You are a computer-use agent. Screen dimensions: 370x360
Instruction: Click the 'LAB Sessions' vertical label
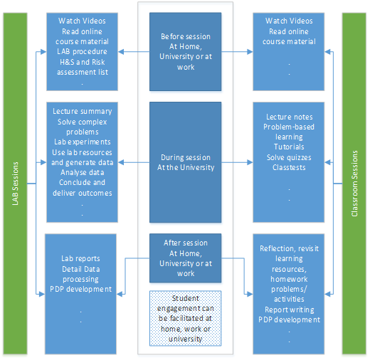pyautogui.click(x=15, y=184)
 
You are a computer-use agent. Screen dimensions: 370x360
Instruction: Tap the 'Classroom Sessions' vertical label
pyautogui.click(x=354, y=184)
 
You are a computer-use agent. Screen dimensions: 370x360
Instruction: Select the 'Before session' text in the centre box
pyautogui.click(x=186, y=36)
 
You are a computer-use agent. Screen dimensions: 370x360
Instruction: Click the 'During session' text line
pyautogui.click(x=186, y=157)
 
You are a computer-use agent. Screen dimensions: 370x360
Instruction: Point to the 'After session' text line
pyautogui.click(x=186, y=243)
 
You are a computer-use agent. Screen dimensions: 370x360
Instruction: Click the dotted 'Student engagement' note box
pyautogui.click(x=186, y=318)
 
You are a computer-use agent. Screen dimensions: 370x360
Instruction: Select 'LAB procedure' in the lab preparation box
pyautogui.click(x=82, y=51)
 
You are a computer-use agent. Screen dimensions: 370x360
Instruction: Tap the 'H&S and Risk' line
pyautogui.click(x=82, y=62)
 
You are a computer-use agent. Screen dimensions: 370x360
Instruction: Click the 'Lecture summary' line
pyautogui.click(x=82, y=111)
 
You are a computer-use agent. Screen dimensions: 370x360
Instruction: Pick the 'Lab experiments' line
pyautogui.click(x=82, y=142)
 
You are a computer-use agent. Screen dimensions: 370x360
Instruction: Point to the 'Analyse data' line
pyautogui.click(x=82, y=172)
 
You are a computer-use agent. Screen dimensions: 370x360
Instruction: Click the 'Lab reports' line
pyautogui.click(x=80, y=258)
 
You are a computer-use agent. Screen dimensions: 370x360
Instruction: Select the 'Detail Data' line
pyautogui.click(x=80, y=269)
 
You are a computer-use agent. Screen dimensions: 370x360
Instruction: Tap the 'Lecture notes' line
pyautogui.click(x=289, y=117)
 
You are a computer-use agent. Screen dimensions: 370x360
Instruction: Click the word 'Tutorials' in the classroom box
pyautogui.click(x=289, y=147)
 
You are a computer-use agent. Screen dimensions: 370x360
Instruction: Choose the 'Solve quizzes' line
pyautogui.click(x=289, y=157)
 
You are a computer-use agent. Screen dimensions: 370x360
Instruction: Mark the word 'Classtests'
pyautogui.click(x=289, y=167)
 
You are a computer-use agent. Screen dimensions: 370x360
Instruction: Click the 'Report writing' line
pyautogui.click(x=290, y=309)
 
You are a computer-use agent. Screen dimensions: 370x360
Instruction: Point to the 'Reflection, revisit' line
pyautogui.click(x=289, y=248)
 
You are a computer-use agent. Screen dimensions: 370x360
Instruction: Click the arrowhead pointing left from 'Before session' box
pyautogui.click(x=121, y=52)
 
